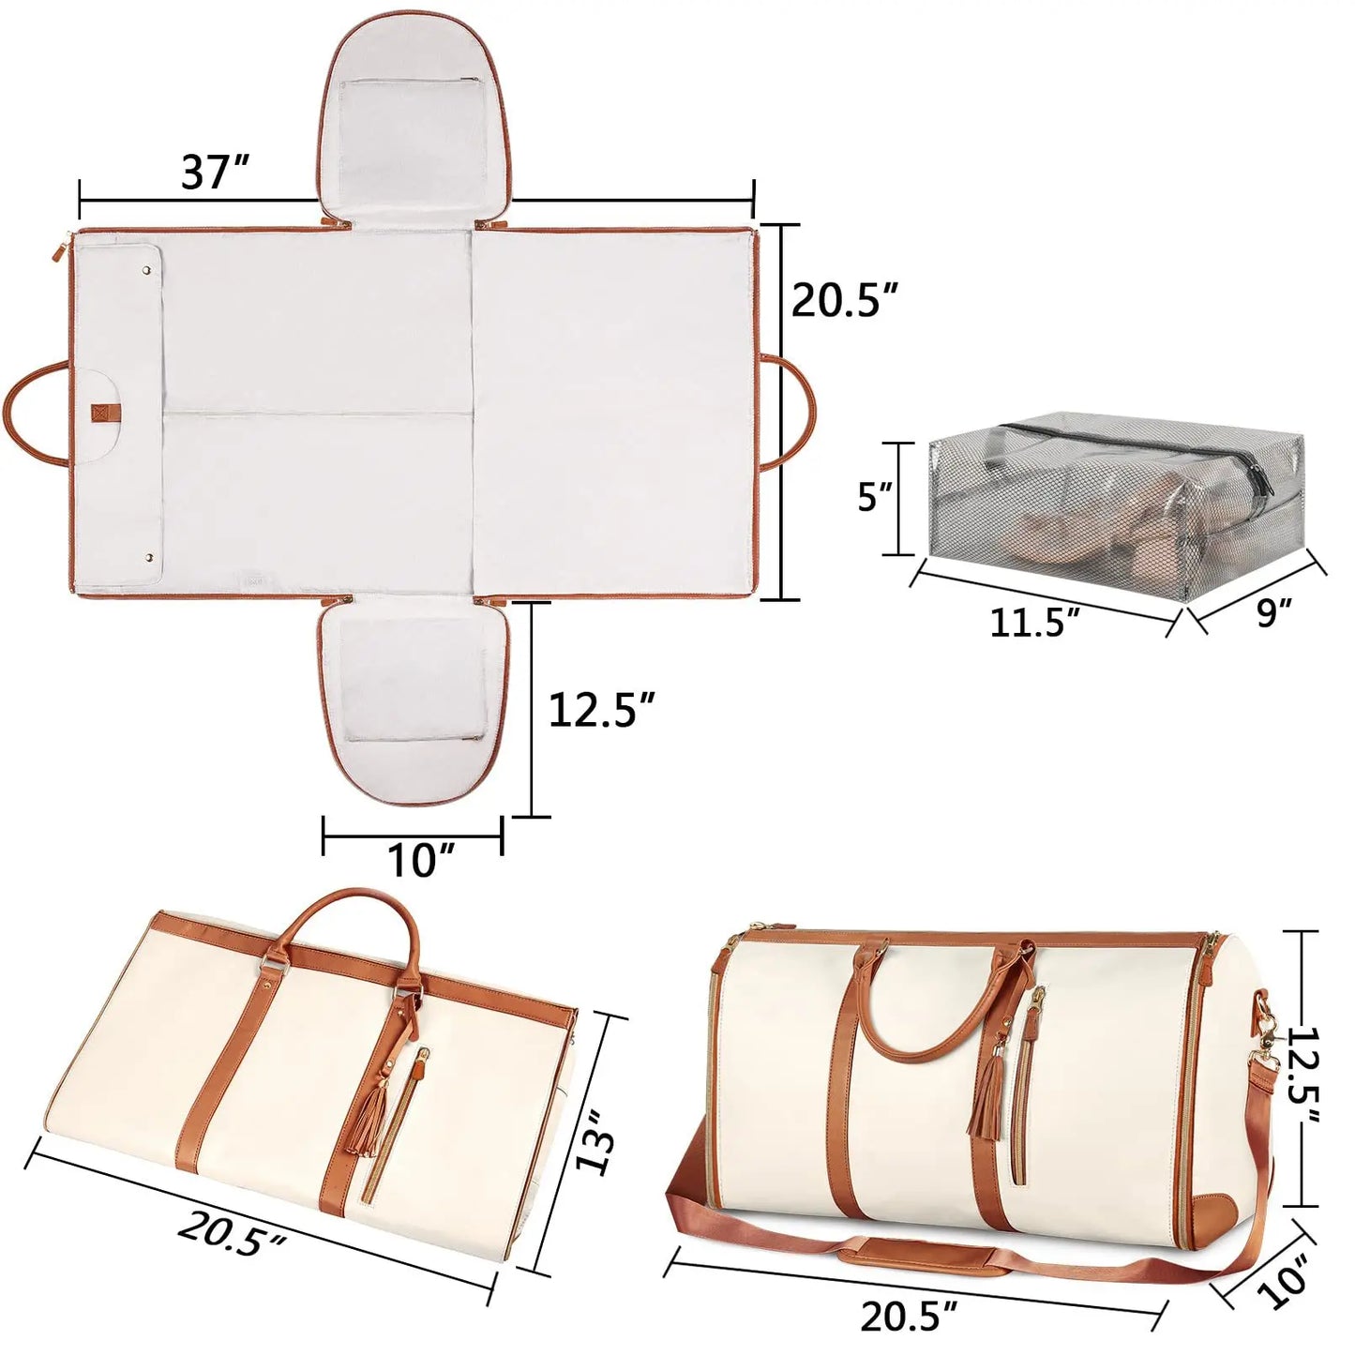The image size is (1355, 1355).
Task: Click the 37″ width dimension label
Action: point(216,173)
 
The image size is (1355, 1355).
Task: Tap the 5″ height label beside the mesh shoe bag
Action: point(874,496)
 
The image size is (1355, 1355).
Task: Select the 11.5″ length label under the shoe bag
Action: point(1034,622)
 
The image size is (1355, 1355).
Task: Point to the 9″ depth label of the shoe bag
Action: point(1273,612)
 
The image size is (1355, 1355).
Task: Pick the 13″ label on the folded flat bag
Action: point(595,1140)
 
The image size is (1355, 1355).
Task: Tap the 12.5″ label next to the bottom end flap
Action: point(600,710)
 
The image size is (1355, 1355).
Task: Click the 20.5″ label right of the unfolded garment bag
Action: point(844,300)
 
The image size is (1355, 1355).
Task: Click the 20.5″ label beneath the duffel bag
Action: point(909,1316)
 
